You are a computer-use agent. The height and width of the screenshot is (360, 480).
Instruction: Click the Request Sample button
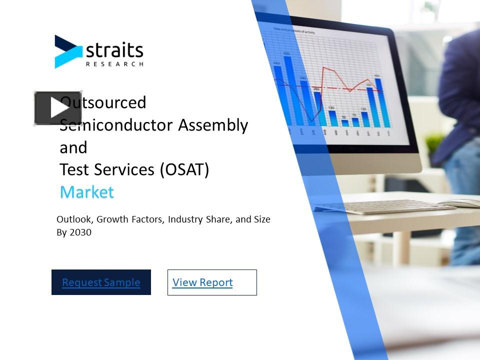[101, 282]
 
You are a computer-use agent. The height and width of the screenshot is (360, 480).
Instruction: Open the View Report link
[202, 282]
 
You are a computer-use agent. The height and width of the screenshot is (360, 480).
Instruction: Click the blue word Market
[86, 192]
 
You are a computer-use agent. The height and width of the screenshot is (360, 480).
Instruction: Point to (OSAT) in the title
[184, 170]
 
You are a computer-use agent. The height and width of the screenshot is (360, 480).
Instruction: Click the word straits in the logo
[114, 50]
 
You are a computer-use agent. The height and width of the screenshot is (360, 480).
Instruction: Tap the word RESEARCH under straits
[114, 64]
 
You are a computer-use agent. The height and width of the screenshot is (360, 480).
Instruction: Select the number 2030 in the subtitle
[81, 232]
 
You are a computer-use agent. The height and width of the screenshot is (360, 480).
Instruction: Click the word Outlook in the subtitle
[74, 219]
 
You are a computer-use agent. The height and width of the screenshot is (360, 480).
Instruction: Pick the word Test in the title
[72, 170]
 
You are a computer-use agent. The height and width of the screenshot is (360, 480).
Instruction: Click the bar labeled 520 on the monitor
[289, 90]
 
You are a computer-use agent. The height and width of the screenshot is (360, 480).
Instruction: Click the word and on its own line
[73, 147]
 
